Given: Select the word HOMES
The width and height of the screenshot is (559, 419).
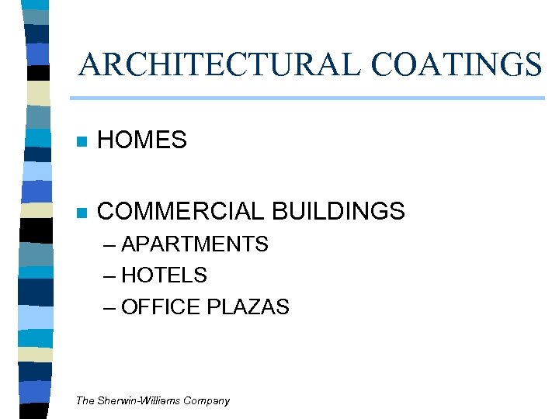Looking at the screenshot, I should pyautogui.click(x=142, y=140).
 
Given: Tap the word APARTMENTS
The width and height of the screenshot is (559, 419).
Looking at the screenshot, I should pyautogui.click(x=195, y=244).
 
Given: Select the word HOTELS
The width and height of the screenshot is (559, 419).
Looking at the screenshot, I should pyautogui.click(x=165, y=275).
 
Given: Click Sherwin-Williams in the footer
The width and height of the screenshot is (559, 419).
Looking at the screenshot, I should pyautogui.click(x=137, y=401).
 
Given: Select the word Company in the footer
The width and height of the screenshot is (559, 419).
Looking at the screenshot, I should pyautogui.click(x=206, y=401).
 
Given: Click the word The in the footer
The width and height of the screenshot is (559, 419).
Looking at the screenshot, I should pyautogui.click(x=85, y=401).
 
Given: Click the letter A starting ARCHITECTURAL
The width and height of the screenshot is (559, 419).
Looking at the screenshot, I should pyautogui.click(x=89, y=64).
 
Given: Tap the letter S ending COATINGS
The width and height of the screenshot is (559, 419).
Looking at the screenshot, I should pyautogui.click(x=532, y=64).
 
